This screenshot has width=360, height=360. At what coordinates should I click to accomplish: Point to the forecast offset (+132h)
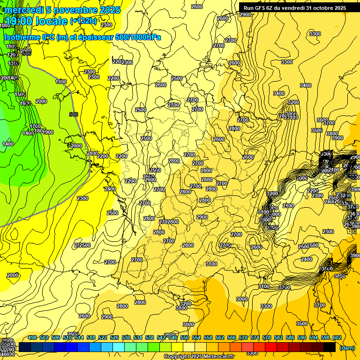pos(83,21)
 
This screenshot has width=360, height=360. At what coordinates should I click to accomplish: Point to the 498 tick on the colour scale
pos(32,337)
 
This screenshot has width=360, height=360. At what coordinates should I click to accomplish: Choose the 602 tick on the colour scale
pos(337,337)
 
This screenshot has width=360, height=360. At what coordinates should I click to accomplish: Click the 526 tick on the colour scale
pos(114,337)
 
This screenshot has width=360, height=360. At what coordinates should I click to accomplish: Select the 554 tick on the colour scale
pos(196,337)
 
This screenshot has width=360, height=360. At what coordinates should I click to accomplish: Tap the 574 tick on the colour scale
pos(255,337)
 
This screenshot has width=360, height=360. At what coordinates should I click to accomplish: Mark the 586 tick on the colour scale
pos(290,337)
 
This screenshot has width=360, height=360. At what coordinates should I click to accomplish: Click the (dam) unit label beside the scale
pos(347,348)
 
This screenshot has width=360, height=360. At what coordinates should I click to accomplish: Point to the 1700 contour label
pos(35,127)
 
